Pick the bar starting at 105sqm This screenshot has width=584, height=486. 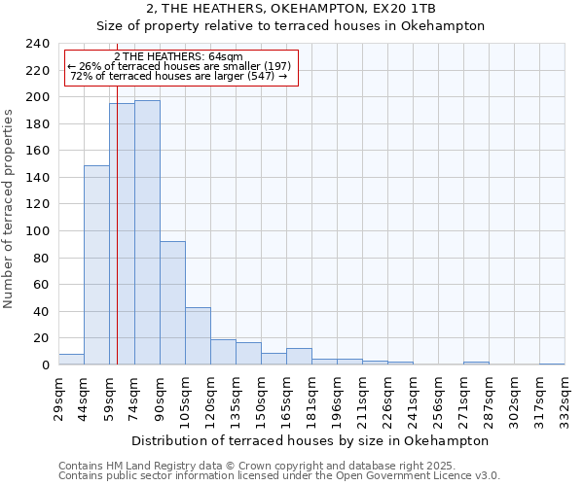(x=198, y=336)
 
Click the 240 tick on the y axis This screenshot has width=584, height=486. (x=38, y=44)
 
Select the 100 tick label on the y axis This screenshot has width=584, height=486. (x=38, y=97)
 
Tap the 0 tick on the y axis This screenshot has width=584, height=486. (x=46, y=365)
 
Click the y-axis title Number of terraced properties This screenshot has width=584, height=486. (x=10, y=208)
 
